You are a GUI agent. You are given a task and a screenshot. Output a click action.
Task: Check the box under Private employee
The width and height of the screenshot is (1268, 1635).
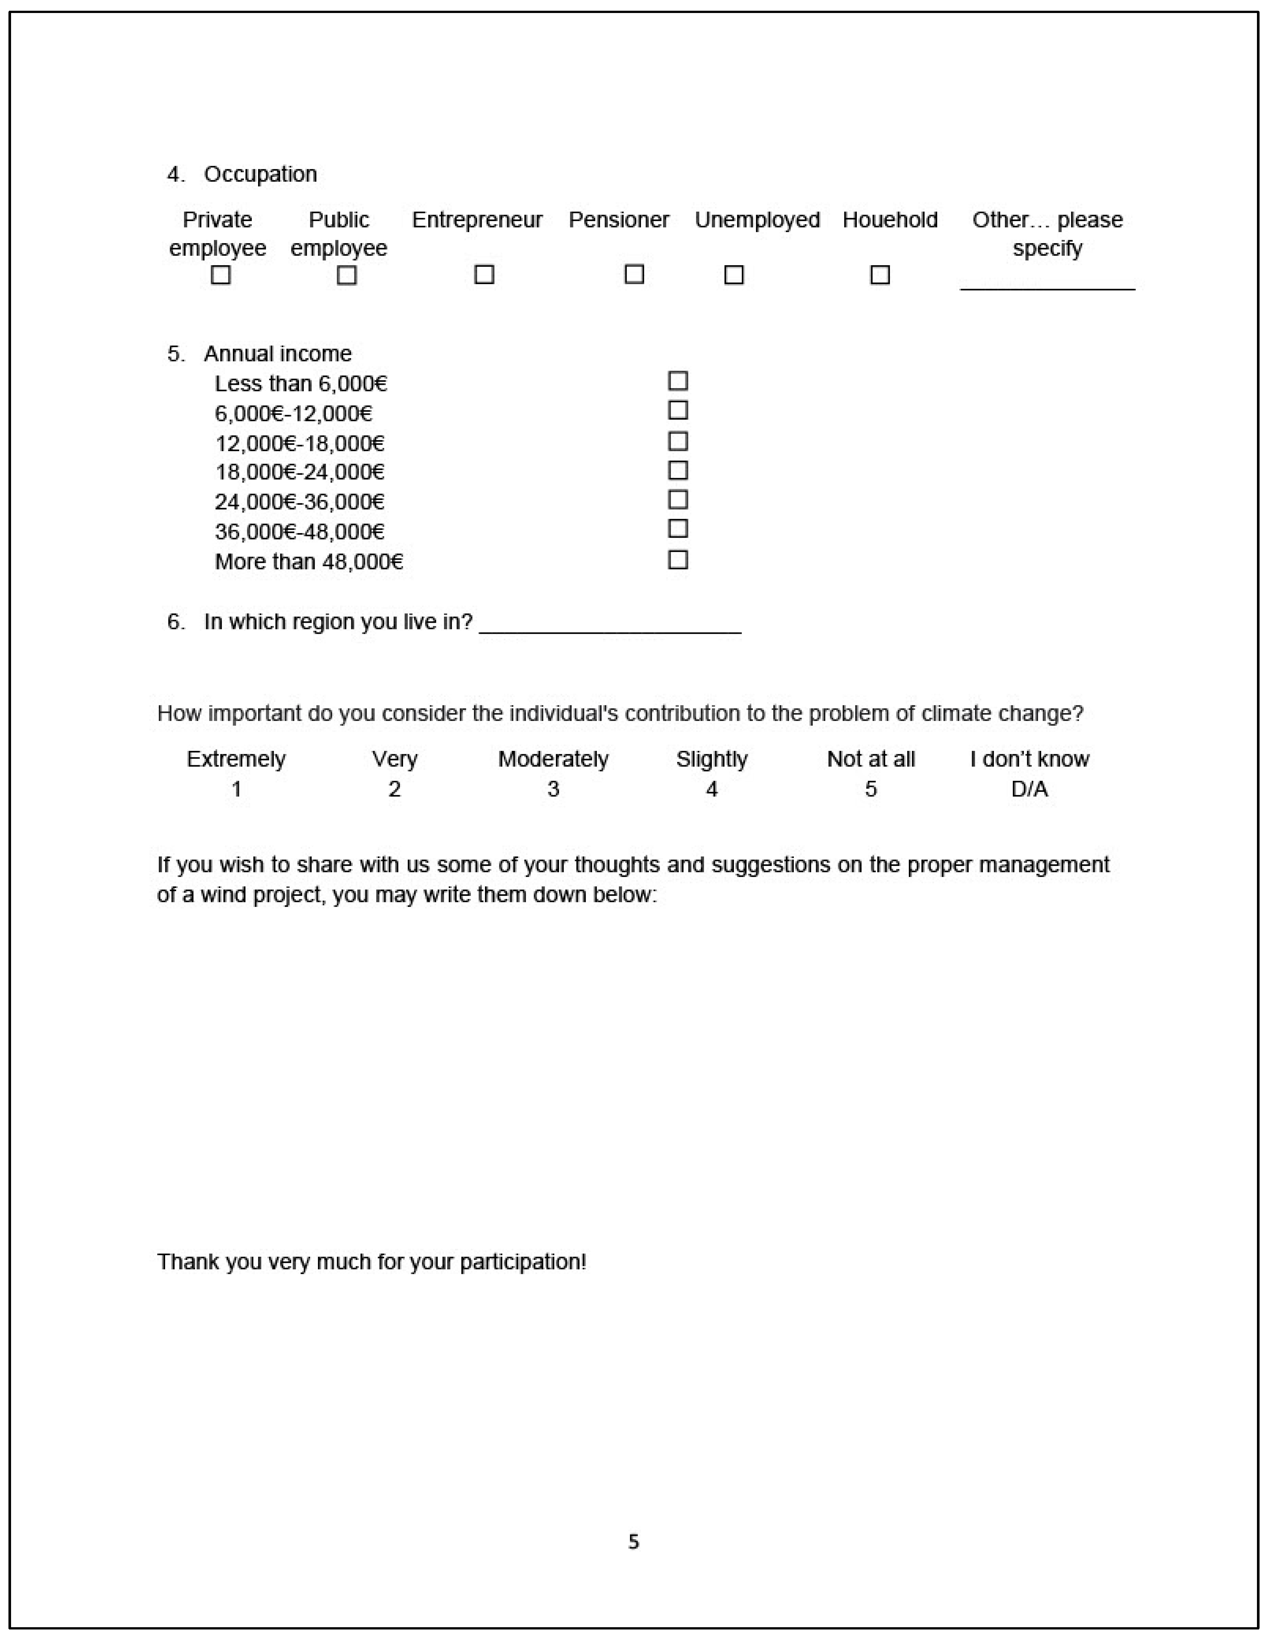click(220, 275)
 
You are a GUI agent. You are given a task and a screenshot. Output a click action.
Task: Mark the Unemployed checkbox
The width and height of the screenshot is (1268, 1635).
click(734, 275)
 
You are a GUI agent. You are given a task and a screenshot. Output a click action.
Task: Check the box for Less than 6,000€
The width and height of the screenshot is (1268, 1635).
click(677, 381)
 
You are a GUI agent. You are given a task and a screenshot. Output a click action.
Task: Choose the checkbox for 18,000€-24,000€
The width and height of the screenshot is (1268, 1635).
click(677, 470)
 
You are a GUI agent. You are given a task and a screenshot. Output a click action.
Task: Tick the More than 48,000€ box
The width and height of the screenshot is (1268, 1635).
click(677, 560)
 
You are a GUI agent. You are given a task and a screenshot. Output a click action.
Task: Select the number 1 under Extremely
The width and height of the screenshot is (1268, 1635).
click(236, 789)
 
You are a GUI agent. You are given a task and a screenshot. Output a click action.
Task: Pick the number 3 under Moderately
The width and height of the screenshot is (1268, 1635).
click(553, 789)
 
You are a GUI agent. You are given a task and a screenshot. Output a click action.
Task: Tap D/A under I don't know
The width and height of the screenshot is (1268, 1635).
click(1029, 789)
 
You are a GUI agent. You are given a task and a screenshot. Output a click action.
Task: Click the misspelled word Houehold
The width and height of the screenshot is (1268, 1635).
click(889, 220)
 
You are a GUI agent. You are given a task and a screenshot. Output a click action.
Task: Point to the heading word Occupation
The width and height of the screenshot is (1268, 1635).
click(260, 175)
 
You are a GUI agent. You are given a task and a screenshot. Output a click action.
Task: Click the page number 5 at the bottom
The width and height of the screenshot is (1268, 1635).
click(633, 1541)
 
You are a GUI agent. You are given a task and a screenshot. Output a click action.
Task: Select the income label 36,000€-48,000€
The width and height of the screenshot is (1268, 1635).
click(299, 531)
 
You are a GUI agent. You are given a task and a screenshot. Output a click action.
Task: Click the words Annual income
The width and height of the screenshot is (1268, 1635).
click(278, 353)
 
